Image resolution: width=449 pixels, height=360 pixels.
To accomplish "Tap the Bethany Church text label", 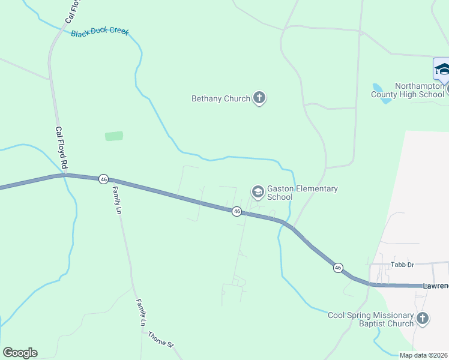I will click(x=220, y=98).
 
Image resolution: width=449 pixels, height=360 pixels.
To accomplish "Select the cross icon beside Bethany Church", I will click(x=259, y=98).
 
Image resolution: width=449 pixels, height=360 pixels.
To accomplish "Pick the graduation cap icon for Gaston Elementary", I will click(x=258, y=192).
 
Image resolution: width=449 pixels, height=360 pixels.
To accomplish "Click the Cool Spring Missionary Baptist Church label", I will click(x=370, y=319).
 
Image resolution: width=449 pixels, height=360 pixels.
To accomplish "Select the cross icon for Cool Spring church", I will click(x=423, y=318).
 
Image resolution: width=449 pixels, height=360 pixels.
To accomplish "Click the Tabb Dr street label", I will click(x=403, y=264).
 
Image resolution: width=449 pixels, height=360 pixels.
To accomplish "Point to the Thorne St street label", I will click(x=161, y=340).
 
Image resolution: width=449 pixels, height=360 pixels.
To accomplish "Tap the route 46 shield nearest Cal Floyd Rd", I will click(x=104, y=179).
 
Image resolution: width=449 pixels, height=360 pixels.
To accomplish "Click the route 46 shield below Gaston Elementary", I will click(x=237, y=211).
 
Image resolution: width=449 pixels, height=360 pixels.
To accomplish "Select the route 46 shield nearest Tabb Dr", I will click(x=339, y=268).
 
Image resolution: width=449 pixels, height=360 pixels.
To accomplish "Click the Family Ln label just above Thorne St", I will click(x=142, y=312).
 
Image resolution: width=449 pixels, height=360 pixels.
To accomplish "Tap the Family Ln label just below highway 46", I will click(x=117, y=200).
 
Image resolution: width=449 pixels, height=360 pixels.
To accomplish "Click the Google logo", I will click(x=20, y=353).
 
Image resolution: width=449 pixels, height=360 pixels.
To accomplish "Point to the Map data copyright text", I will click(x=424, y=355).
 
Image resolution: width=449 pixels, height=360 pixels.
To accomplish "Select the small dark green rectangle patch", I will click(x=114, y=136).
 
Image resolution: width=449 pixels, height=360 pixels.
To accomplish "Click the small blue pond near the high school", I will click(x=381, y=92).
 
